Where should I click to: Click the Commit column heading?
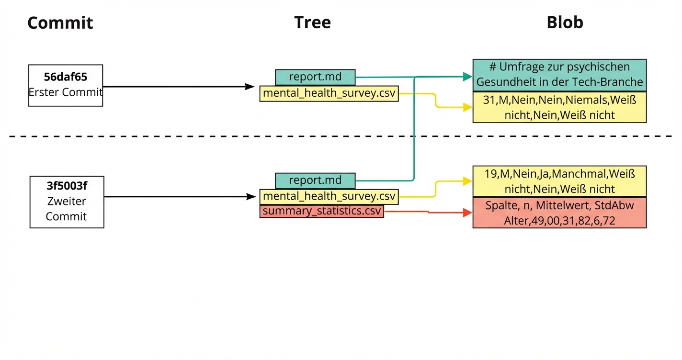pyautogui.click(x=60, y=23)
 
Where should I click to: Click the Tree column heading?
pyautogui.click(x=312, y=22)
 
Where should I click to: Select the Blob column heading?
pyautogui.click(x=565, y=22)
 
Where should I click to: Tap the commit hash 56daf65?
pyautogui.click(x=66, y=77)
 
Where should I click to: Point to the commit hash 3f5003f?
pyautogui.click(x=67, y=185)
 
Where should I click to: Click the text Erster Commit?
pyautogui.click(x=66, y=92)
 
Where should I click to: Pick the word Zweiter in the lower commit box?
pyautogui.click(x=67, y=201)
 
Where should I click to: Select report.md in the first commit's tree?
pyautogui.click(x=315, y=77)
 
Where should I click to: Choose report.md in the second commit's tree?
pyautogui.click(x=315, y=180)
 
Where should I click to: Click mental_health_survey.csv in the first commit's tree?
pyautogui.click(x=329, y=93)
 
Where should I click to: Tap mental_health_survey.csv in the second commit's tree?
pyautogui.click(x=329, y=196)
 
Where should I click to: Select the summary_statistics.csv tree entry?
pyautogui.click(x=321, y=211)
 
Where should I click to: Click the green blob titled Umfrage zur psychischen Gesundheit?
pyautogui.click(x=559, y=75)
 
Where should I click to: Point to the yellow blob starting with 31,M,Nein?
pyautogui.click(x=559, y=107)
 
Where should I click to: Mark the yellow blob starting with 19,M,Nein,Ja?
pyautogui.click(x=559, y=181)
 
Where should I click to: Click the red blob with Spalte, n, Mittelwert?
pyautogui.click(x=559, y=213)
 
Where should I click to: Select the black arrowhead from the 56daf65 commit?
pyautogui.click(x=250, y=87)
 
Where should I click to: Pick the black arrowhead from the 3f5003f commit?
pyautogui.click(x=251, y=196)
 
